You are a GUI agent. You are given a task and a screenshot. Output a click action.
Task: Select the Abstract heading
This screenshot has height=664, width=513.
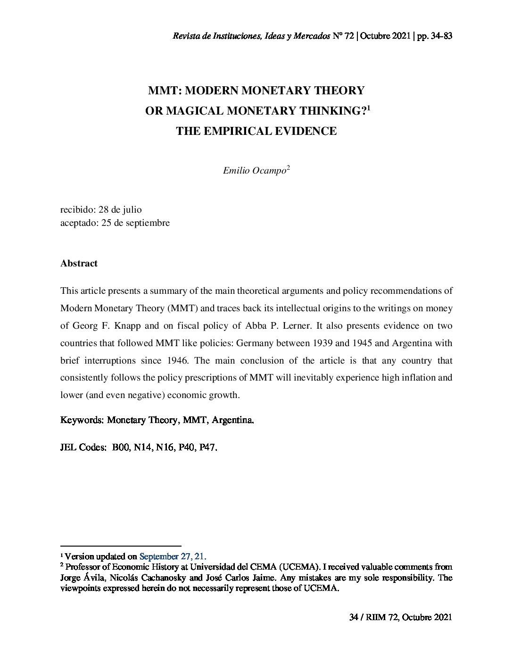pos(79,264)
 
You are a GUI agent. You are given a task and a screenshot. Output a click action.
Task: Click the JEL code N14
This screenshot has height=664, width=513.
pos(142,448)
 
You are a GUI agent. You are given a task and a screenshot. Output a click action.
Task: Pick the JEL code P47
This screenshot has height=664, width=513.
pos(208,448)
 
